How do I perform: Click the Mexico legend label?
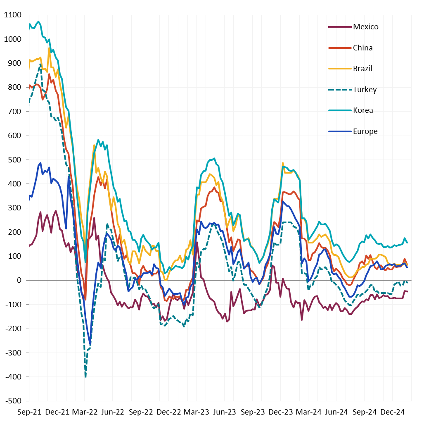[x=365, y=27]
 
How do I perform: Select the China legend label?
[x=362, y=48]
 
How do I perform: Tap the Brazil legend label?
[x=362, y=69]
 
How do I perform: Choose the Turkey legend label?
[x=365, y=90]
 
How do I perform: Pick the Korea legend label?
[x=363, y=110]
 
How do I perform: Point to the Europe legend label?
[x=365, y=131]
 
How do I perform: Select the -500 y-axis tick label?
[x=14, y=401]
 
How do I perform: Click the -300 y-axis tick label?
[x=14, y=353]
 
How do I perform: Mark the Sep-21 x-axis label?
[x=29, y=412]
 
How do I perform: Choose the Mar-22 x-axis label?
[x=85, y=412]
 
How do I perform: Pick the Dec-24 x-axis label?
[x=391, y=412]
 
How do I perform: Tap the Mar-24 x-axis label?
[x=308, y=412]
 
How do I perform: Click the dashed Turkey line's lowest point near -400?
[x=85, y=377]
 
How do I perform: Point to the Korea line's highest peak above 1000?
[x=38, y=21]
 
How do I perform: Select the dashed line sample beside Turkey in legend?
[x=339, y=90]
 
